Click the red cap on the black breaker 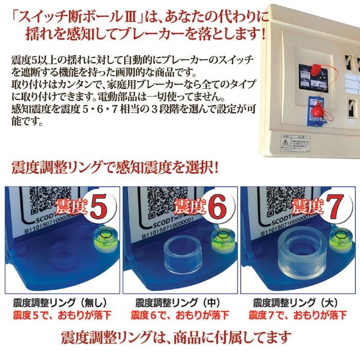[303, 70]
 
